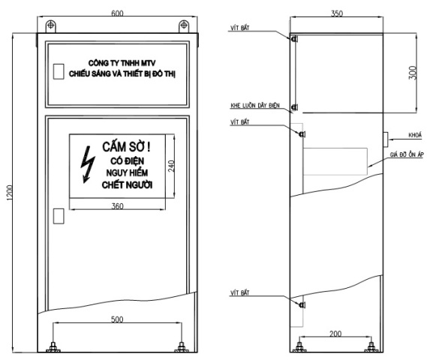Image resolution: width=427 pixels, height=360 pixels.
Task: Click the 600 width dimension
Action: pos(117,13)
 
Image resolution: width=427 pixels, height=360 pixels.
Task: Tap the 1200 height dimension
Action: pos(9,193)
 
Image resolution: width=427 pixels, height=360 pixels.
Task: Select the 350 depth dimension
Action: pos(337,13)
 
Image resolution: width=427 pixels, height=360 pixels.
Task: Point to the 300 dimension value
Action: pos(413,73)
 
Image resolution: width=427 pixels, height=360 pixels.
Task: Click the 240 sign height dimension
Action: pos(171,166)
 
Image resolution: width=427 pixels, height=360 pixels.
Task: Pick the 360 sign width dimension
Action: pos(117,206)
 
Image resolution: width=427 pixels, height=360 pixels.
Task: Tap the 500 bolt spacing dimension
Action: pos(117,319)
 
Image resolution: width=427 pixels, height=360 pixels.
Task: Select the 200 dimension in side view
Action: pos(335,334)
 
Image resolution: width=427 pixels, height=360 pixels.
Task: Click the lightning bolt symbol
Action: pos(88,165)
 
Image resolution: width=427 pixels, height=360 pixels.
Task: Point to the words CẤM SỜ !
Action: pos(126,147)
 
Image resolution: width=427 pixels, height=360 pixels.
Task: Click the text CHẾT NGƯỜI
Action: pos(127,185)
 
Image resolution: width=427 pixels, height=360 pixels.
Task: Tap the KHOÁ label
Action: pos(415,135)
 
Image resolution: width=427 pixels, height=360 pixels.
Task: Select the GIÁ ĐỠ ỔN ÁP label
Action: pos(407,154)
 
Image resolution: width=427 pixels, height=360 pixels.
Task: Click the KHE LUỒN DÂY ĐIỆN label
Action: pos(255,105)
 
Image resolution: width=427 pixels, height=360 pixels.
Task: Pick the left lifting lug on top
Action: pos(50,26)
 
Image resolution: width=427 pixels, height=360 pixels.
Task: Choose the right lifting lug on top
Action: pos(184,26)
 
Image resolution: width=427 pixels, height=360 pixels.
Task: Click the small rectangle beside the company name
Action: pos(59,71)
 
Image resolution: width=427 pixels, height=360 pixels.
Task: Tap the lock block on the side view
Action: pos(386,139)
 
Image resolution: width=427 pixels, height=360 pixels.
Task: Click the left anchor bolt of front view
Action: pos(53,347)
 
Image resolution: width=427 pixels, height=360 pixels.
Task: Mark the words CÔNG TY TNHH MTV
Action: pos(122,63)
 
